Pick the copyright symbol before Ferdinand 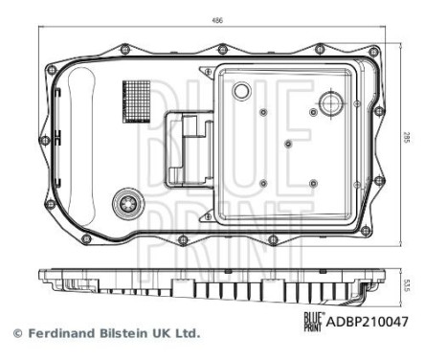pyautogui.click(x=15, y=334)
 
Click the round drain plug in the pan pyautogui.click(x=126, y=204)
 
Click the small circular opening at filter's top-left pyautogui.click(x=242, y=92)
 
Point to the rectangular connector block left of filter pyautogui.click(x=190, y=149)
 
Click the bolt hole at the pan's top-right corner pyautogui.click(x=373, y=51)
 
